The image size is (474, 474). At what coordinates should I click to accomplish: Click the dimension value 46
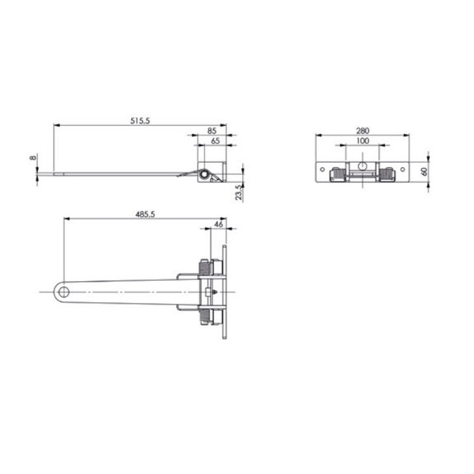[x=218, y=224]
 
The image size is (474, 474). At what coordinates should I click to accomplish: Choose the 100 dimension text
[x=362, y=140]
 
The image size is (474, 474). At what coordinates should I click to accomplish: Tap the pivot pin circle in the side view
[x=205, y=174]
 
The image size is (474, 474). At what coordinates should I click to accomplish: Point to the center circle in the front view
[x=362, y=164]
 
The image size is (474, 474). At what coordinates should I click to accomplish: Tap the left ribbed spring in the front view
[x=338, y=174]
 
